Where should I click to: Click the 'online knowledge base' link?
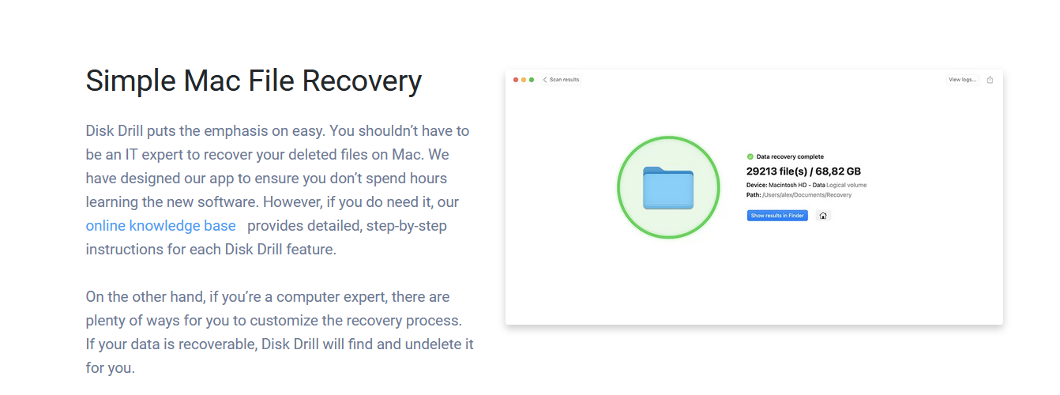click(160, 226)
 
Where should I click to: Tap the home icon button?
click(823, 216)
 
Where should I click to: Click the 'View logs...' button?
click(962, 80)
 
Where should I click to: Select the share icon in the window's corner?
click(990, 80)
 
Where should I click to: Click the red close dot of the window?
click(516, 80)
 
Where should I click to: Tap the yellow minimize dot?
click(524, 80)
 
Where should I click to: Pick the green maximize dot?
click(532, 80)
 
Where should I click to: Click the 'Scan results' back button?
click(562, 80)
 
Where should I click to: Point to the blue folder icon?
click(668, 188)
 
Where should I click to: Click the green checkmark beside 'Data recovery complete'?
click(750, 156)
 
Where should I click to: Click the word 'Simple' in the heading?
click(130, 81)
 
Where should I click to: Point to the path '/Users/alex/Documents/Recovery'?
click(806, 195)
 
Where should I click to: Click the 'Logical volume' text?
click(847, 185)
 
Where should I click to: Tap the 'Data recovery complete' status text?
click(790, 156)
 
